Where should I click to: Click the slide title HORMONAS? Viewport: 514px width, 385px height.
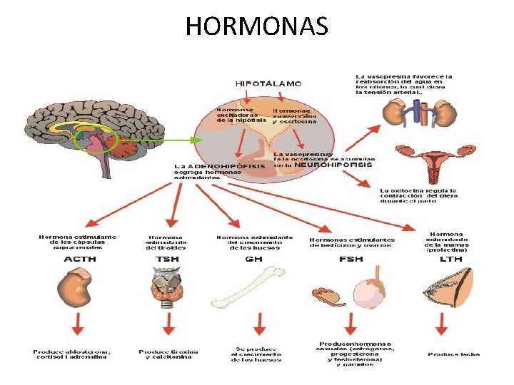(257, 26)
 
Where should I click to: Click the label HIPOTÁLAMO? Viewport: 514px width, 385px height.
(268, 83)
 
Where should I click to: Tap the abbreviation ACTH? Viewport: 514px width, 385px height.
(79, 259)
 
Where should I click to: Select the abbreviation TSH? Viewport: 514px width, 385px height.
(168, 259)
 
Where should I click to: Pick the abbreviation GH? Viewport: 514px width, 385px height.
(253, 259)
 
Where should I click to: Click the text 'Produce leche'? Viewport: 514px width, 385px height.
(454, 354)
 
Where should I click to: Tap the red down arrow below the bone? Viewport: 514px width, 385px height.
(254, 329)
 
